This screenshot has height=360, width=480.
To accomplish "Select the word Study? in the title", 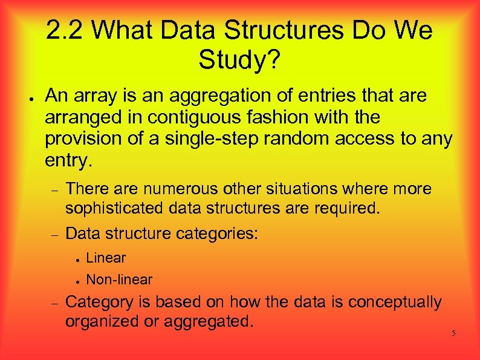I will click(x=239, y=59).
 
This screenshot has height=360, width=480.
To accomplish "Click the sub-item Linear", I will click(x=106, y=258).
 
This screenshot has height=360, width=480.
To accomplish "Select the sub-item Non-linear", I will click(x=119, y=280).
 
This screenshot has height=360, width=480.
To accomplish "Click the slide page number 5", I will click(x=453, y=334).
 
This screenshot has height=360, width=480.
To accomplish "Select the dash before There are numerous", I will click(x=53, y=190).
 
